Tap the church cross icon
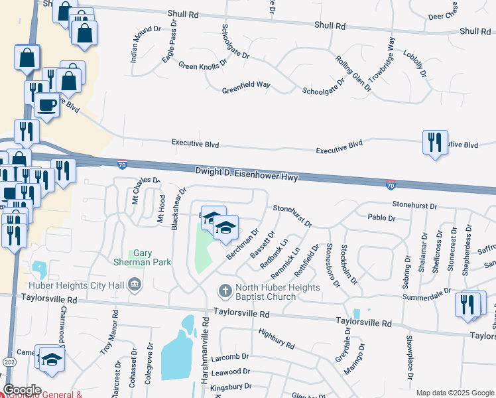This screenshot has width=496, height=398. pyautogui.click(x=225, y=291)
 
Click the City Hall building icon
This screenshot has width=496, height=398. pyautogui.click(x=135, y=285)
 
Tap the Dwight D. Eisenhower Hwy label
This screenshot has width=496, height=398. pyautogui.click(x=247, y=173)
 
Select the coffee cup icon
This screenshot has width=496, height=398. pyautogui.click(x=46, y=105)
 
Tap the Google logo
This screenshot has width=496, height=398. pyautogui.click(x=22, y=389)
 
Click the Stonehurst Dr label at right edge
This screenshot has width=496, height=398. pyautogui.click(x=414, y=206)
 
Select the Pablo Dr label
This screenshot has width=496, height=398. pyautogui.click(x=381, y=218)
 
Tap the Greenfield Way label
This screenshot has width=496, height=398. pyautogui.click(x=246, y=86)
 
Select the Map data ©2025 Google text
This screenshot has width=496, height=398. pyautogui.click(x=454, y=393)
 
